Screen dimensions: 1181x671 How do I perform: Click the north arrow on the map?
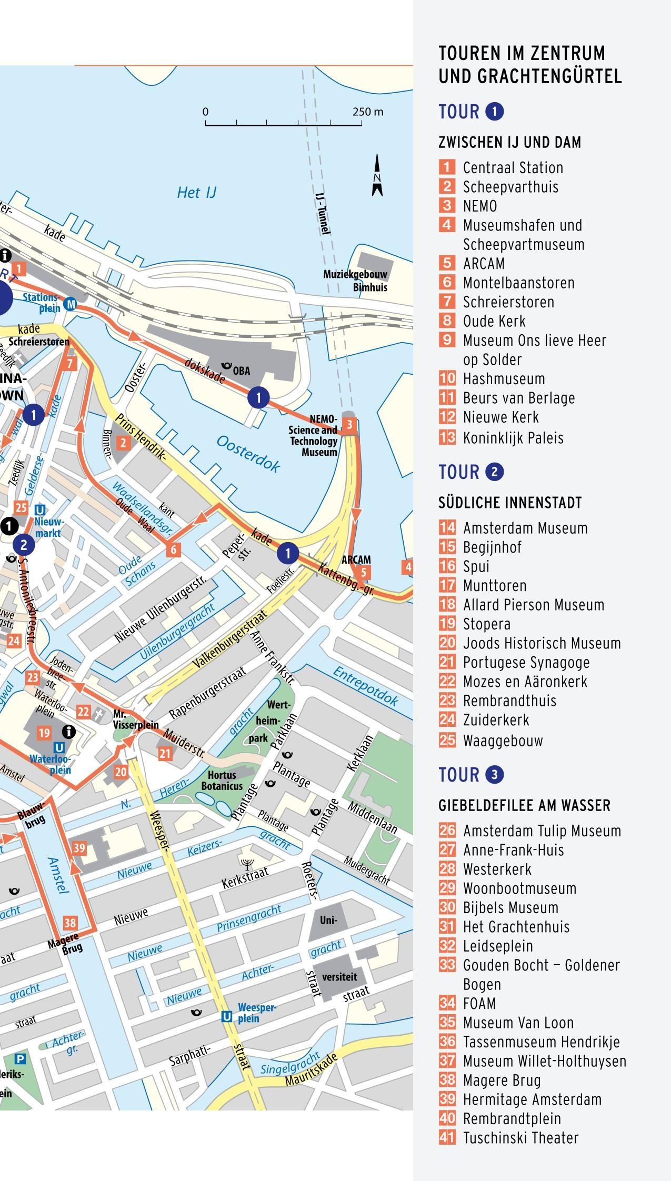[x=377, y=176]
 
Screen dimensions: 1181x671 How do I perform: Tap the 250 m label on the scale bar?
[x=368, y=112]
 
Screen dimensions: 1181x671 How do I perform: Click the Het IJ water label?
[x=197, y=193]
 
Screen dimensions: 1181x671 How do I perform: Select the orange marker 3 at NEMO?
[x=349, y=424]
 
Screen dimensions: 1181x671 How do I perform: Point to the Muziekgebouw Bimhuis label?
[x=355, y=281]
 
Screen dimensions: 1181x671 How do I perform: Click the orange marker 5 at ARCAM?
[x=363, y=573]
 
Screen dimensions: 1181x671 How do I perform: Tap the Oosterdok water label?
[x=248, y=454]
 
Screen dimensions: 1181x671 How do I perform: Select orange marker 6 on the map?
[x=173, y=550]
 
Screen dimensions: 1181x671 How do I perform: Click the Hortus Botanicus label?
[x=222, y=780]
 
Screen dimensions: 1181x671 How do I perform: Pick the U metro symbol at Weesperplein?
[x=226, y=1016]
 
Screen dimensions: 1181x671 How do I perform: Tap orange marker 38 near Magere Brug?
[x=70, y=922]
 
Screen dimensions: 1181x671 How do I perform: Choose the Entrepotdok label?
[x=366, y=686]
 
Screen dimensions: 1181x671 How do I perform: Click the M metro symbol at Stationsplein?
[x=70, y=304]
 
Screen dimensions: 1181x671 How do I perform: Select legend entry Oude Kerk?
[x=494, y=321]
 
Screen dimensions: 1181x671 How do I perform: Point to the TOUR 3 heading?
[x=471, y=775]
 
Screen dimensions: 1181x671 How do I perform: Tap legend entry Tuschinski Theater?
[x=520, y=1137]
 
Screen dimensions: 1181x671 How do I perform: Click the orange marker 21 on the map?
[x=165, y=753]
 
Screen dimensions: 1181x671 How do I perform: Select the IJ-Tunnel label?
[x=323, y=213]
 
